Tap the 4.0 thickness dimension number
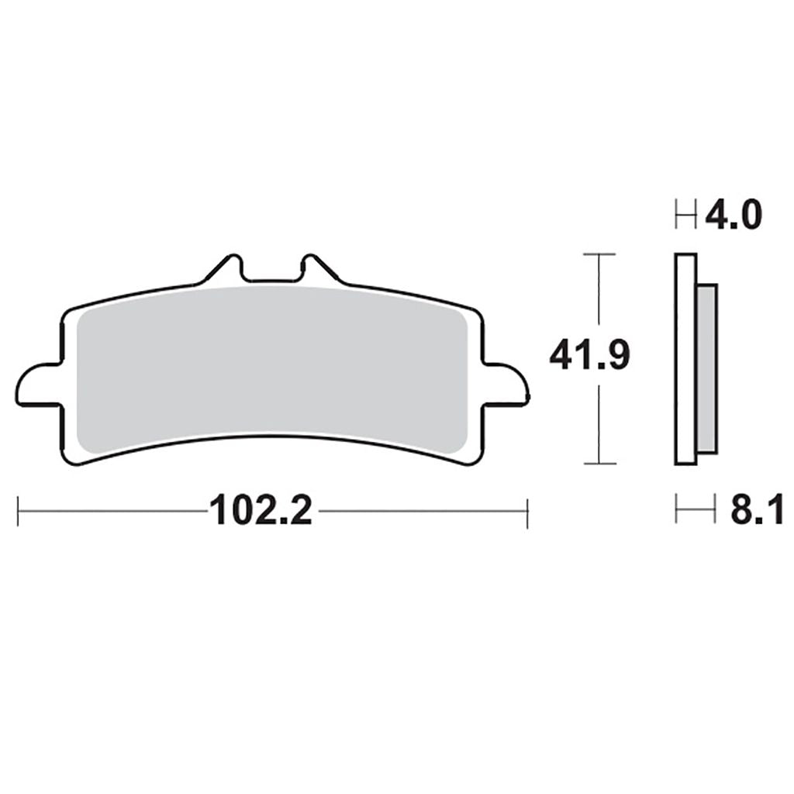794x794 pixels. pos(734,216)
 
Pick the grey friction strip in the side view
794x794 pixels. pos(707,368)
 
